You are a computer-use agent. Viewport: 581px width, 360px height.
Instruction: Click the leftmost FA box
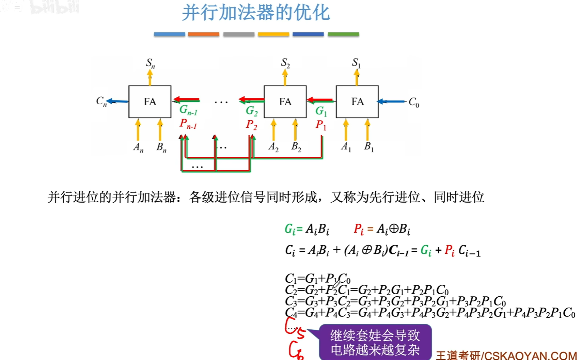[150, 101]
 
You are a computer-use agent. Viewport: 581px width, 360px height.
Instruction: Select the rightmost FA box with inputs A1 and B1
[357, 101]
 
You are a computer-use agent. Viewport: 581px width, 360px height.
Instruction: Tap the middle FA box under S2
[285, 101]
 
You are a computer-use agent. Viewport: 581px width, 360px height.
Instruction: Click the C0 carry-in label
[414, 102]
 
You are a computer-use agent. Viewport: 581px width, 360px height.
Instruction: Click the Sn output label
[150, 63]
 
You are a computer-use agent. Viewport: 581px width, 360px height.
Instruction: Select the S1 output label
[356, 63]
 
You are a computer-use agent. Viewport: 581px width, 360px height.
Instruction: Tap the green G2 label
[252, 111]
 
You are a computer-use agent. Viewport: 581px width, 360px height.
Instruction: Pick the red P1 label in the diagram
[320, 125]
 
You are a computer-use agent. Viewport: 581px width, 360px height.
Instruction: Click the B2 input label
[296, 147]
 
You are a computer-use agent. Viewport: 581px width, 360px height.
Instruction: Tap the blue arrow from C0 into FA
[392, 101]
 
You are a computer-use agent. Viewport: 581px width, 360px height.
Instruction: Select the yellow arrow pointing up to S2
[285, 78]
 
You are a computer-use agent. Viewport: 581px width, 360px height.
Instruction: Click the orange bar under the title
[203, 34]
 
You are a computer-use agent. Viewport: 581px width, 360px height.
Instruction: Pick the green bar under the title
[343, 34]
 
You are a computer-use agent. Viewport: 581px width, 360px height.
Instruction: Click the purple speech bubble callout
[375, 342]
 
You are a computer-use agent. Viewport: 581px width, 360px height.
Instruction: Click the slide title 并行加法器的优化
[256, 13]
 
